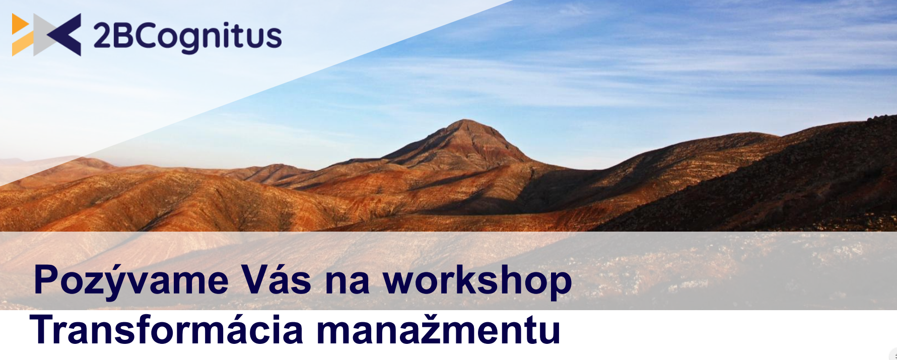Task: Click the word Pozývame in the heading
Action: pyautogui.click(x=131, y=281)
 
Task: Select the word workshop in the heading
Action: pyautogui.click(x=477, y=281)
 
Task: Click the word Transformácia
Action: pyautogui.click(x=166, y=330)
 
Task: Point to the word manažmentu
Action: pyautogui.click(x=438, y=330)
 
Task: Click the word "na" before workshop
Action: pyautogui.click(x=348, y=284)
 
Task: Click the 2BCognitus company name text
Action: pyautogui.click(x=187, y=37)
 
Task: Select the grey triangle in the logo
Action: pyautogui.click(x=42, y=34)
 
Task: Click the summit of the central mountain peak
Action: pyautogui.click(x=464, y=120)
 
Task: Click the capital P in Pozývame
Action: pyautogui.click(x=47, y=279)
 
